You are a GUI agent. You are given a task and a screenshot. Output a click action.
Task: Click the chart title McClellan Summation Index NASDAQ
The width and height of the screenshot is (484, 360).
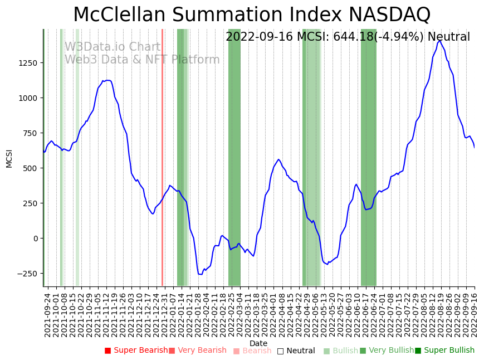[x=252, y=15]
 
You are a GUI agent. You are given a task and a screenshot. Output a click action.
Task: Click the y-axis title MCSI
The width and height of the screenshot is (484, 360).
[x=9, y=158]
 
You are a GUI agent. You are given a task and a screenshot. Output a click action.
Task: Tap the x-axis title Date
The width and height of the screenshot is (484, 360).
[x=258, y=343]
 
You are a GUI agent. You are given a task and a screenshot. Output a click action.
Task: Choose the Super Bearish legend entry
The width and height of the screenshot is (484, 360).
[x=136, y=351]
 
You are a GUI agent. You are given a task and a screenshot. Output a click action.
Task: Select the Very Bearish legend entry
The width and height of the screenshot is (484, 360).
[x=197, y=351]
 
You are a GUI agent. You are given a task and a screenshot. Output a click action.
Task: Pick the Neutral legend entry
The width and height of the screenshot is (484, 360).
[x=296, y=351]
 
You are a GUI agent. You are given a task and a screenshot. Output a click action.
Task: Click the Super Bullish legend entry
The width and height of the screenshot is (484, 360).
[x=444, y=351]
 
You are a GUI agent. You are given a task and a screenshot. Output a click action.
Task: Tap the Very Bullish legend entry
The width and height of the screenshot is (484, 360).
[x=387, y=351]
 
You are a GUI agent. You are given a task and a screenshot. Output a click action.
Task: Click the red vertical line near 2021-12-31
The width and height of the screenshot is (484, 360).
[x=162, y=156]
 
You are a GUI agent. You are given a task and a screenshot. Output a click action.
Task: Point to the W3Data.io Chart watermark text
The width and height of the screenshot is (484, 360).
[x=113, y=47]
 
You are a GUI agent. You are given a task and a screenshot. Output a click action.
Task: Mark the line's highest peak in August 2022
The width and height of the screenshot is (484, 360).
[x=439, y=41]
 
